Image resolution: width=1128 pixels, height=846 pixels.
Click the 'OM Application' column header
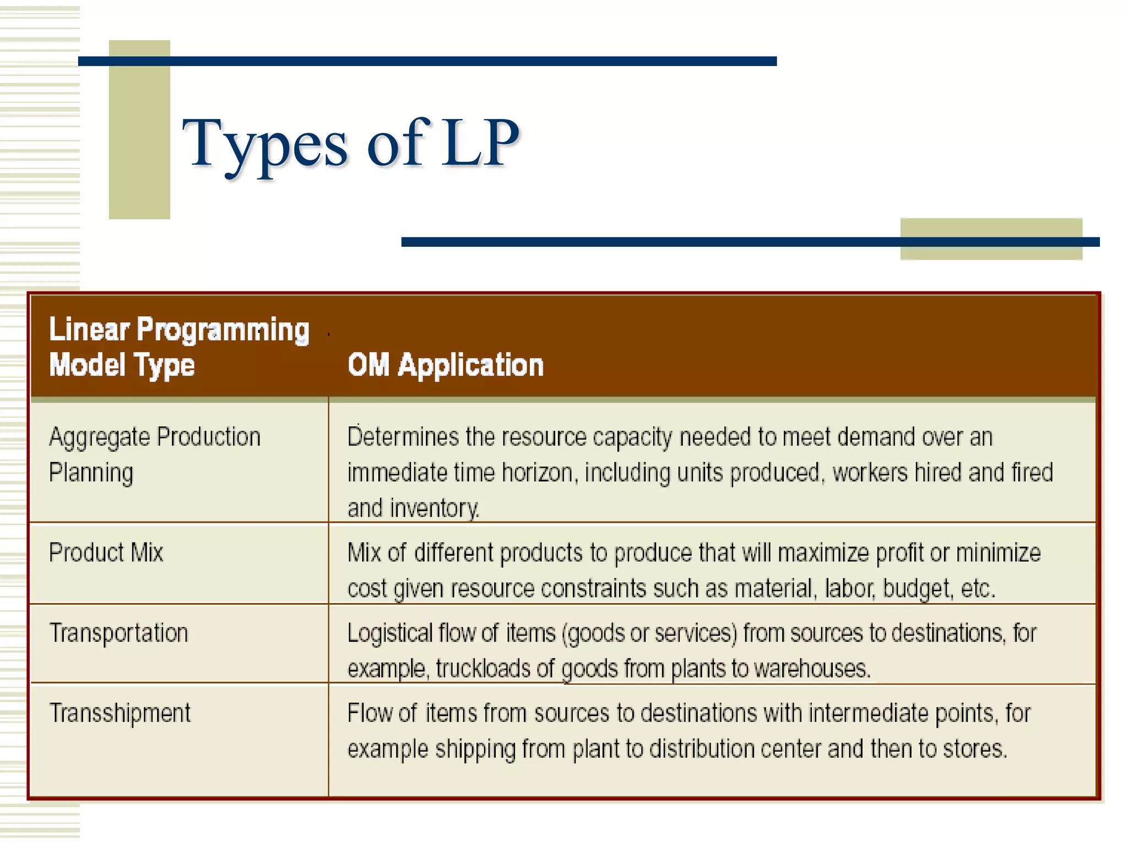click(445, 365)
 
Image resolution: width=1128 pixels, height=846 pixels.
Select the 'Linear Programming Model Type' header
click(178, 347)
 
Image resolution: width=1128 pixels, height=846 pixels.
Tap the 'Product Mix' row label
click(106, 552)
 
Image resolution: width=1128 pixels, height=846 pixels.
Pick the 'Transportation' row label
click(119, 633)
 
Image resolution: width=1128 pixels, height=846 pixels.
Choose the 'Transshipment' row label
click(120, 713)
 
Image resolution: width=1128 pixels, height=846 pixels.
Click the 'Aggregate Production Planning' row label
click(154, 454)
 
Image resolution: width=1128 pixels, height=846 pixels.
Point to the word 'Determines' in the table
click(403, 437)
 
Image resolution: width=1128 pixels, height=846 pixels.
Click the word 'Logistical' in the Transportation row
click(390, 633)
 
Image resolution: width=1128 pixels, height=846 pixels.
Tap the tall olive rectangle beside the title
click(139, 129)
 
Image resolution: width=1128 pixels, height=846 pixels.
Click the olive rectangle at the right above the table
click(991, 238)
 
